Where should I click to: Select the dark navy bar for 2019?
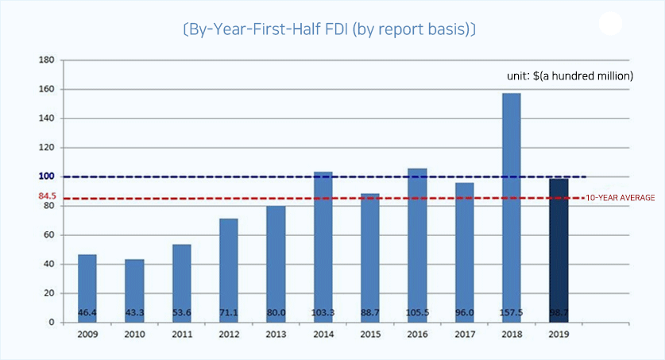pyautogui.click(x=559, y=250)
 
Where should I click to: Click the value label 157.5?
pyautogui.click(x=511, y=313)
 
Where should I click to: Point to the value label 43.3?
pyautogui.click(x=134, y=313)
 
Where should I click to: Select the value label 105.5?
pyautogui.click(x=417, y=313)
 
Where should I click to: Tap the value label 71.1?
pyautogui.click(x=229, y=313)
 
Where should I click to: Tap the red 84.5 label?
pyautogui.click(x=47, y=195)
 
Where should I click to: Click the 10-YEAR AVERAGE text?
pyautogui.click(x=620, y=197)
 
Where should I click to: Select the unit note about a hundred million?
pyautogui.click(x=570, y=76)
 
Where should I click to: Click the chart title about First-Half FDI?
pyautogui.click(x=328, y=30)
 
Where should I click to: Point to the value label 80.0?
pyautogui.click(x=276, y=313)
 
